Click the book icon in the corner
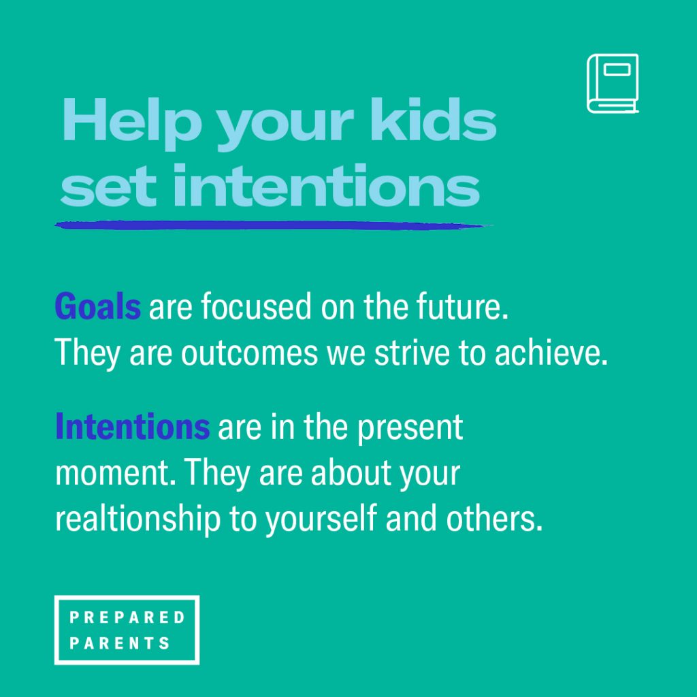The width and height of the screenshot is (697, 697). pyautogui.click(x=612, y=83)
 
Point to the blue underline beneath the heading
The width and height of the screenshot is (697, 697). pyautogui.click(x=274, y=226)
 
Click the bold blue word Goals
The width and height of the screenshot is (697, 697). pyautogui.click(x=98, y=306)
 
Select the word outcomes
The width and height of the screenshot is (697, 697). pyautogui.click(x=249, y=353)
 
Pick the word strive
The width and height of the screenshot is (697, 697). pyautogui.click(x=412, y=353)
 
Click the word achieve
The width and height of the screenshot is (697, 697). pyautogui.click(x=551, y=353)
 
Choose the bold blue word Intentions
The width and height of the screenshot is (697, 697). pyautogui.click(x=133, y=426)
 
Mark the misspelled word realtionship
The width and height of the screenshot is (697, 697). pyautogui.click(x=137, y=519)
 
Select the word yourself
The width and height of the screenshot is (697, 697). pyautogui.click(x=321, y=519)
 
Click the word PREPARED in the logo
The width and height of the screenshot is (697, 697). pyautogui.click(x=127, y=617)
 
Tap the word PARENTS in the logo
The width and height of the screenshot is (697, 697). pyautogui.click(x=120, y=643)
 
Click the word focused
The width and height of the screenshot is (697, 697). pyautogui.click(x=256, y=306)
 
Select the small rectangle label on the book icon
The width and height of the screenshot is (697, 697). pyautogui.click(x=617, y=70)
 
